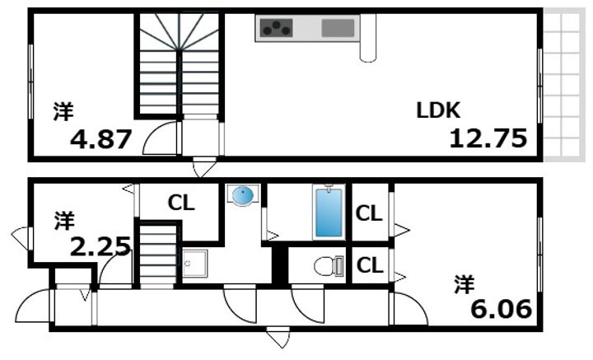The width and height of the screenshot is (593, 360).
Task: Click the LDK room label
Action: point(438,110)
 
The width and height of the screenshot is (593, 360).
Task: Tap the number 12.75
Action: point(488,138)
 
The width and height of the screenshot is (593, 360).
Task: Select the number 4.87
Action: point(101,139)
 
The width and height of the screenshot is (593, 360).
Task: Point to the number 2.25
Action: point(100,247)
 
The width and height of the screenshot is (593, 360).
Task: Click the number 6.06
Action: point(501,309)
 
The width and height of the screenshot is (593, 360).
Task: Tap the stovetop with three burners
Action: point(276,28)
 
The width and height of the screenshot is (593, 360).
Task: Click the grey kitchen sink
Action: point(338,28)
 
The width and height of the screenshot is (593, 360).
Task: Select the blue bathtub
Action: point(329,213)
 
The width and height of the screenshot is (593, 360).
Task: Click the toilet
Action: point(329,265)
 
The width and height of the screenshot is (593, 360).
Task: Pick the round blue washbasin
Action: point(242,195)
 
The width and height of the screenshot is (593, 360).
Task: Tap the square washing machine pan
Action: point(195,264)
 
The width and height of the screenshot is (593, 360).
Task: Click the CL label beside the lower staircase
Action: point(181,203)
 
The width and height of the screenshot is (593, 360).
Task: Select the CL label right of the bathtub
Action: point(369,214)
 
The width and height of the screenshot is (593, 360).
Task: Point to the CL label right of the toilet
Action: point(370,265)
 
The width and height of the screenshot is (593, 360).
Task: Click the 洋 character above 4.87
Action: point(63,111)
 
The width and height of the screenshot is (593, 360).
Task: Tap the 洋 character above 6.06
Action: point(465,285)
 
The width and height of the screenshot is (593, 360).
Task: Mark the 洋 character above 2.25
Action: point(64,222)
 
